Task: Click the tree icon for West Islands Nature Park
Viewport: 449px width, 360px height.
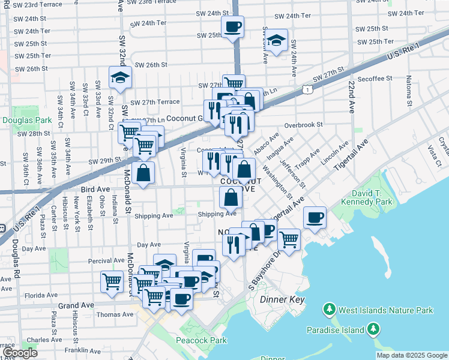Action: tap(329, 310)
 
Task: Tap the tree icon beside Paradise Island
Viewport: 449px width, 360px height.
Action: tap(373, 329)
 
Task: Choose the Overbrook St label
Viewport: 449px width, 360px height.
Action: tap(304, 125)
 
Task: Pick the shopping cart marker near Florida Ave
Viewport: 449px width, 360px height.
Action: tap(112, 281)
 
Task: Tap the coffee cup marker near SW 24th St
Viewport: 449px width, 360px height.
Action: tap(232, 26)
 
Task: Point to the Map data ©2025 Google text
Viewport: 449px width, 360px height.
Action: tap(411, 355)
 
